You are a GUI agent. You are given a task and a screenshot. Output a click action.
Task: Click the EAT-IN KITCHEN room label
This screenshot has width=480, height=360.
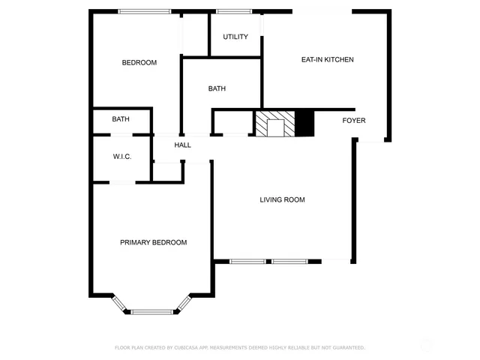327,60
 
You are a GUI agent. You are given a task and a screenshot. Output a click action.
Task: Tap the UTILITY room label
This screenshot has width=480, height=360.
235,37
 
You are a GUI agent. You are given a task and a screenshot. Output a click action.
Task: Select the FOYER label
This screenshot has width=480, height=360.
354,121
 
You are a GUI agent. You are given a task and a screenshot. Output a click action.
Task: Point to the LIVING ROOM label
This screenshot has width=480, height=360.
282,199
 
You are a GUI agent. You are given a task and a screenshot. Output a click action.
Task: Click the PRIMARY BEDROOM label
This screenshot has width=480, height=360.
154,242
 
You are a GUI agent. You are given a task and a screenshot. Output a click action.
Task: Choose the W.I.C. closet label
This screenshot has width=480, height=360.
122,157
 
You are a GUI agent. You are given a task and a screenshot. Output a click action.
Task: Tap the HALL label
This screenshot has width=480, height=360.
183,145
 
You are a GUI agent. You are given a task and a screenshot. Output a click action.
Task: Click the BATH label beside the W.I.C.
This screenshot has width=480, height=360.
121,119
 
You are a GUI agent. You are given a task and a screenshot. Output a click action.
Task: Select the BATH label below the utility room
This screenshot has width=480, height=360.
217,88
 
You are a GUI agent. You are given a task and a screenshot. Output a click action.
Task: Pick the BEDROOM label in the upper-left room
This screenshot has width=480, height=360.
139,63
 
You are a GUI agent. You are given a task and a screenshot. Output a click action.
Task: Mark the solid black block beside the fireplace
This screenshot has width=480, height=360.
304,123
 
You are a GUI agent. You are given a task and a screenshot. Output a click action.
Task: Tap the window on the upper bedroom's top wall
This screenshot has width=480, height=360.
144,11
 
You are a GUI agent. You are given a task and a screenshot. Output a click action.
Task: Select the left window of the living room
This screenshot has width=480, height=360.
247,261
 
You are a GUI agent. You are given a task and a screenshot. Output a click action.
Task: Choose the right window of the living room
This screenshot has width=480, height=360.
289,261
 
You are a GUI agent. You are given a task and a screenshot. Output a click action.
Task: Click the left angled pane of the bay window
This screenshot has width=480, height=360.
119,304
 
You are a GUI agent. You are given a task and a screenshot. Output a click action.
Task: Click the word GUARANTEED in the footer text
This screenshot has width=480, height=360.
348,348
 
